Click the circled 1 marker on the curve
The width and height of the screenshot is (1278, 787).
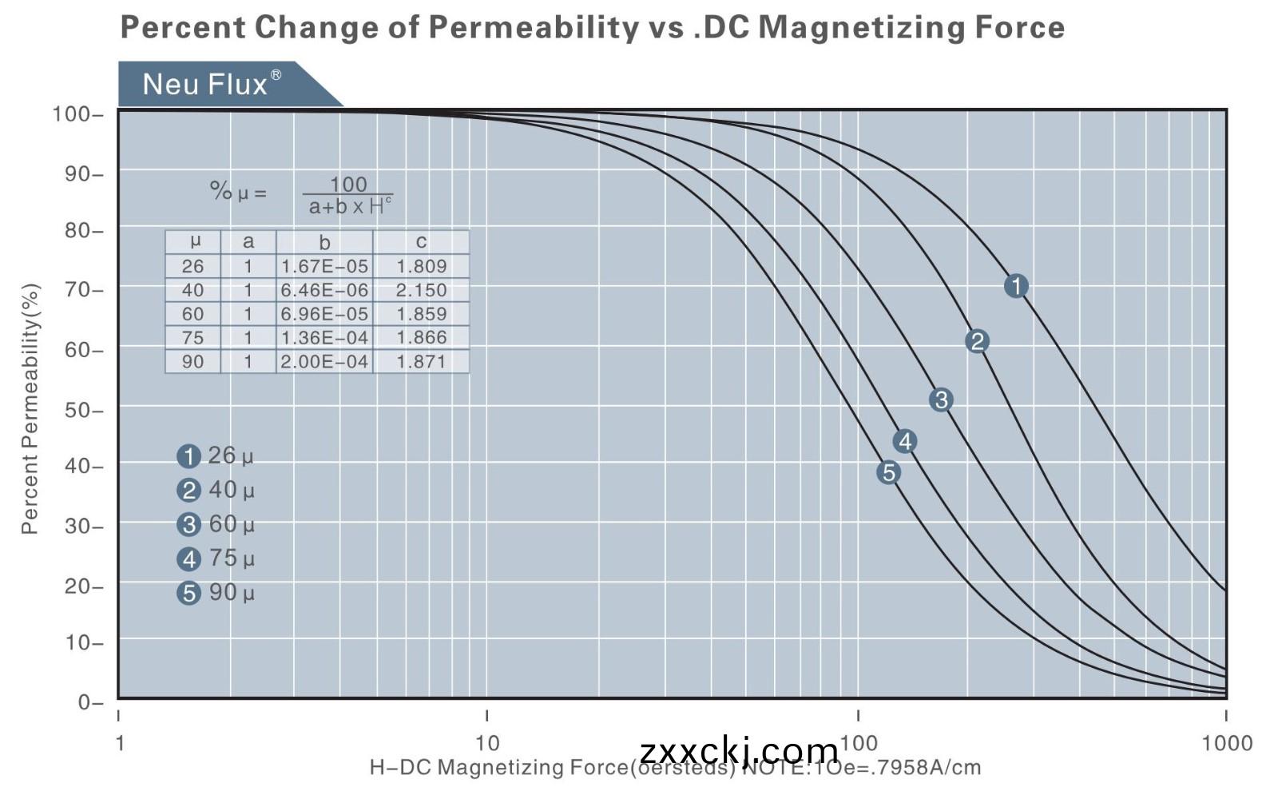click(x=1015, y=286)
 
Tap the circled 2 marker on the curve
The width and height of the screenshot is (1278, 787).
click(x=976, y=342)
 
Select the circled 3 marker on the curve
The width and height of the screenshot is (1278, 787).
click(x=941, y=400)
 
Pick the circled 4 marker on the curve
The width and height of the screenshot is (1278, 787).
click(x=904, y=441)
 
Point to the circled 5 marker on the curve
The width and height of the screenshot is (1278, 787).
click(x=888, y=472)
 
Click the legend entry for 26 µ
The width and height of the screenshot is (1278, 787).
click(x=216, y=456)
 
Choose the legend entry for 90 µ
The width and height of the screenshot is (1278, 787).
click(x=216, y=593)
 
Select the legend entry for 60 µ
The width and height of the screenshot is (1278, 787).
click(x=216, y=524)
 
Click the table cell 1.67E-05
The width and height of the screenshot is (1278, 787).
click(x=324, y=266)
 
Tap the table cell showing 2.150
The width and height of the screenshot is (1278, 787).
click(x=421, y=290)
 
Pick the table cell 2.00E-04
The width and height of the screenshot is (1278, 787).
click(x=324, y=362)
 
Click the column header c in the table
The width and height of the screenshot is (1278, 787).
click(x=421, y=242)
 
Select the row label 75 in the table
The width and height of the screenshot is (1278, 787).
click(x=192, y=338)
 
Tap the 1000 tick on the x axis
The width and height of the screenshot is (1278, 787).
click(x=1227, y=743)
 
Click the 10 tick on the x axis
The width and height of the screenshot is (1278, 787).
click(x=487, y=743)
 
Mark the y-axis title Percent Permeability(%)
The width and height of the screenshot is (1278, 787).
click(x=30, y=409)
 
